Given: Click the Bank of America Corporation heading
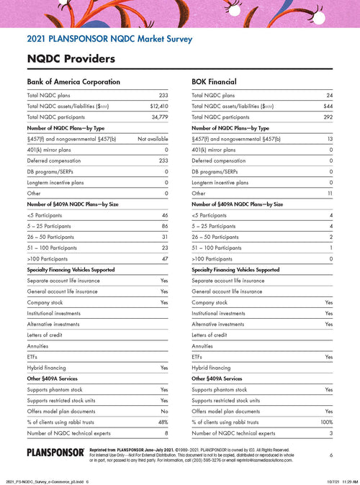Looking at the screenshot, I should point(73,81).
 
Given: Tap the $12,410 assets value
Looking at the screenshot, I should point(158,106).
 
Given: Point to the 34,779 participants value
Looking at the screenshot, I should point(158,117).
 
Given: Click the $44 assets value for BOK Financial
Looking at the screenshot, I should point(328,106).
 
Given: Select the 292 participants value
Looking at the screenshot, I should point(327,117).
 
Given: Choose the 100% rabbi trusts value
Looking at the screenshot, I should point(325,422).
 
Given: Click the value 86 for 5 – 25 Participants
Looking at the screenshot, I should point(164,226).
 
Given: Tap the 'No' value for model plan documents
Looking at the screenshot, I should point(164,410).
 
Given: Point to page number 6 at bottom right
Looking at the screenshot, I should point(330,455).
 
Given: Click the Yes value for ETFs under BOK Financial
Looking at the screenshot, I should point(328,356).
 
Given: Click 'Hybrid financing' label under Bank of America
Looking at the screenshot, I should point(48,367).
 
